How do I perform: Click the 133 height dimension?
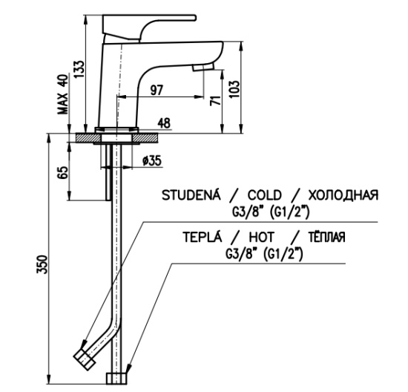coord(79,69)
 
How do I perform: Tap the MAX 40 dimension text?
coord(63,94)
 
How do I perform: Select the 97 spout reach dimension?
coord(157,90)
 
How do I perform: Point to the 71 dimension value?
coord(216,100)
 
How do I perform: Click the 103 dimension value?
coord(234,89)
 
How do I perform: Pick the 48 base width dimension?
coord(164,123)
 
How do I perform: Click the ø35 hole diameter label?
coord(152,160)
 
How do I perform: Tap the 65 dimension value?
coord(63,172)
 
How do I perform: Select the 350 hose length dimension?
coord(42,264)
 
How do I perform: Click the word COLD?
coord(264,195)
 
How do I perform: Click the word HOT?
coord(262,237)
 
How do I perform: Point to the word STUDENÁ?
coord(191,195)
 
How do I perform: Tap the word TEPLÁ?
coord(203,237)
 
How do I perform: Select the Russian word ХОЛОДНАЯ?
coord(343,195)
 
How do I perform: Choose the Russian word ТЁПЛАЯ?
coord(327,237)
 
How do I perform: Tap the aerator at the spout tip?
coord(203,68)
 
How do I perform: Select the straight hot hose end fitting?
coord(116,379)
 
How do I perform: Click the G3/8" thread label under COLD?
coord(246,213)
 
